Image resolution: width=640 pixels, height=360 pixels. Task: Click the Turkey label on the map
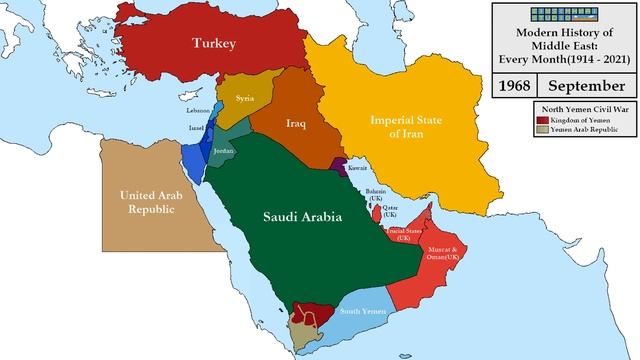(x=215, y=45)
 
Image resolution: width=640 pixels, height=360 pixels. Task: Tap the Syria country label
(x=245, y=99)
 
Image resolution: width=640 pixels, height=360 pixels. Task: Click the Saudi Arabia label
(x=302, y=216)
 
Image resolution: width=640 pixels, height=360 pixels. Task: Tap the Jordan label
(x=224, y=150)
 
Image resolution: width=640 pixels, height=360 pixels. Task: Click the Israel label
(x=196, y=130)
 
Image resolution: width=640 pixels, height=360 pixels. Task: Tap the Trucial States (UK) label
(x=403, y=234)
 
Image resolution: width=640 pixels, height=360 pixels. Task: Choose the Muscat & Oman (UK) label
(x=442, y=254)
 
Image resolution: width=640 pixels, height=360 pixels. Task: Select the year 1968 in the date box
(x=517, y=86)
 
